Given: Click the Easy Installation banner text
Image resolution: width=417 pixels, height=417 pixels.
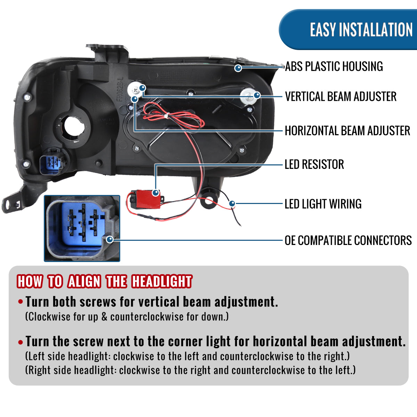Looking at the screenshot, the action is click(361, 30).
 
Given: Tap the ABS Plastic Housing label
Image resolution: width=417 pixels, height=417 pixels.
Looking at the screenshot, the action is click(334, 66).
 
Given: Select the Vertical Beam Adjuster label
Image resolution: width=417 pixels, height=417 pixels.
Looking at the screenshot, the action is click(341, 97).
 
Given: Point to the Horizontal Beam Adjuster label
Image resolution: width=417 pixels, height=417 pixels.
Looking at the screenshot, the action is click(347, 131).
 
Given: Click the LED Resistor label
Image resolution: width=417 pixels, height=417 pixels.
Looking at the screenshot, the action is click(314, 164).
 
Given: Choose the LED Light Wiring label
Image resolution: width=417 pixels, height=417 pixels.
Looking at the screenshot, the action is click(323, 204).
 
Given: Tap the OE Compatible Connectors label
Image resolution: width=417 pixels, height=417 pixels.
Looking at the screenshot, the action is click(348, 240).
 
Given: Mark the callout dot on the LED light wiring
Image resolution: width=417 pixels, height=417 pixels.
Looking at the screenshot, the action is click(232, 203).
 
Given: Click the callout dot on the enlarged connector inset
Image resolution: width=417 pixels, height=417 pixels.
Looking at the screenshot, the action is click(110, 239).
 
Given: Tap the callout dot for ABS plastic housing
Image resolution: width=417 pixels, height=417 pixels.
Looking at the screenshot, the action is click(238, 68).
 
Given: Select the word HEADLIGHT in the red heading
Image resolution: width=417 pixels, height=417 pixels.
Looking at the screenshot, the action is click(162, 281).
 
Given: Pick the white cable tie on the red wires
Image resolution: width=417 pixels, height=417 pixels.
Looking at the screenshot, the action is click(166, 116).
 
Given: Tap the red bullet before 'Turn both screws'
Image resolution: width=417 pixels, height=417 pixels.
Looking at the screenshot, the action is click(21, 302).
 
